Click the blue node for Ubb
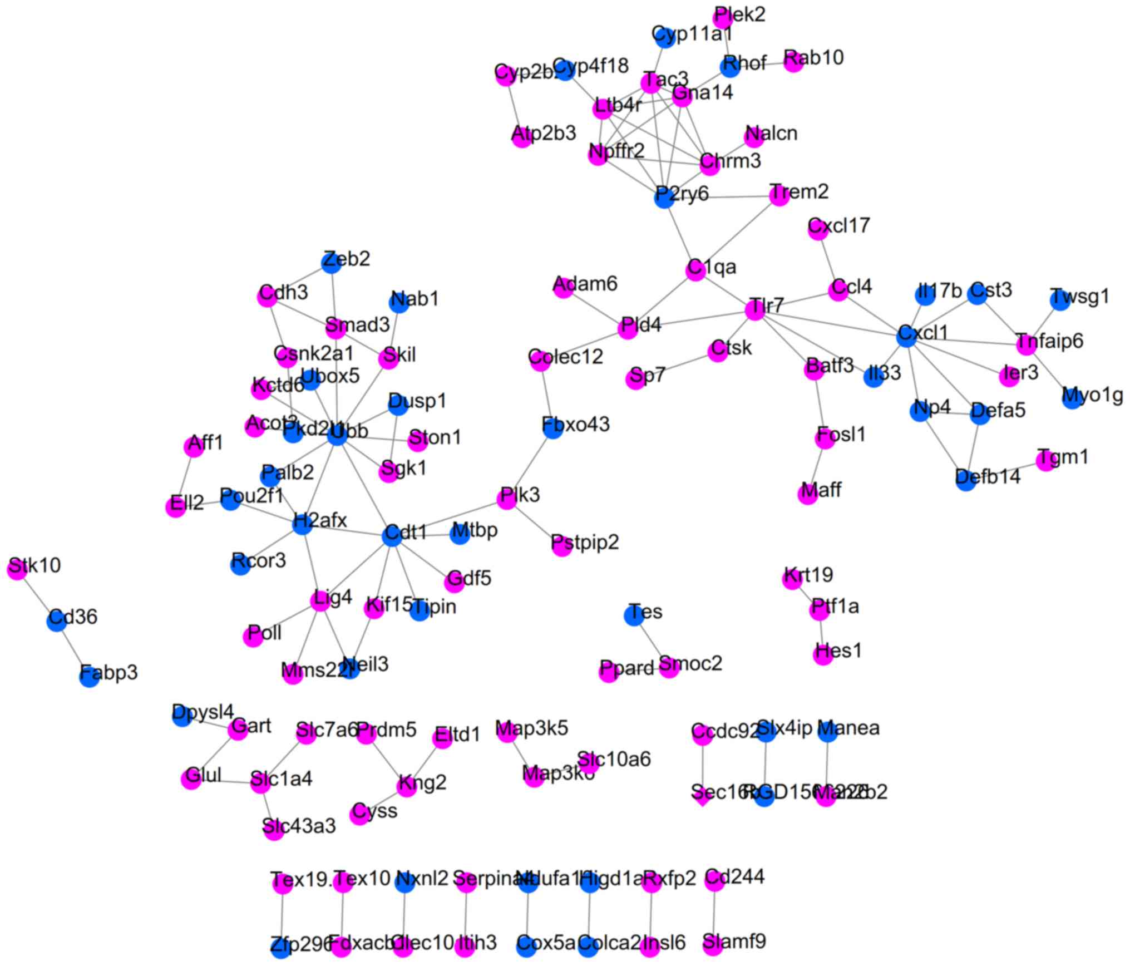coord(337,435)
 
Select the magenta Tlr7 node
coord(754,309)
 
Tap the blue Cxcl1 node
coord(907,336)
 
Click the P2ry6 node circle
coord(664,198)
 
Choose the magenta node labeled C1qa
coord(695,270)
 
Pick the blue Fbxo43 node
coord(552,428)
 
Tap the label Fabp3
coord(109,672)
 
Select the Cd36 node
coord(56,620)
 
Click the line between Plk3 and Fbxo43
coord(530,463)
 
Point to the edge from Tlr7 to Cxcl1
coord(831,323)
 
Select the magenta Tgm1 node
coord(1046,461)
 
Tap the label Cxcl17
coord(839,225)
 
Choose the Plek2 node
coord(723,18)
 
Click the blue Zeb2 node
coord(332,263)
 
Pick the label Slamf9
coord(734,942)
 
